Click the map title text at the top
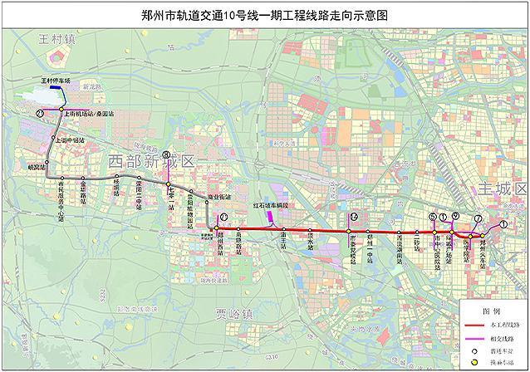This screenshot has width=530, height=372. coord(266,14)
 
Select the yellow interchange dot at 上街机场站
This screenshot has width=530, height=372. coord(61,108)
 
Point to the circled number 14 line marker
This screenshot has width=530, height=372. coord(354,218)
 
